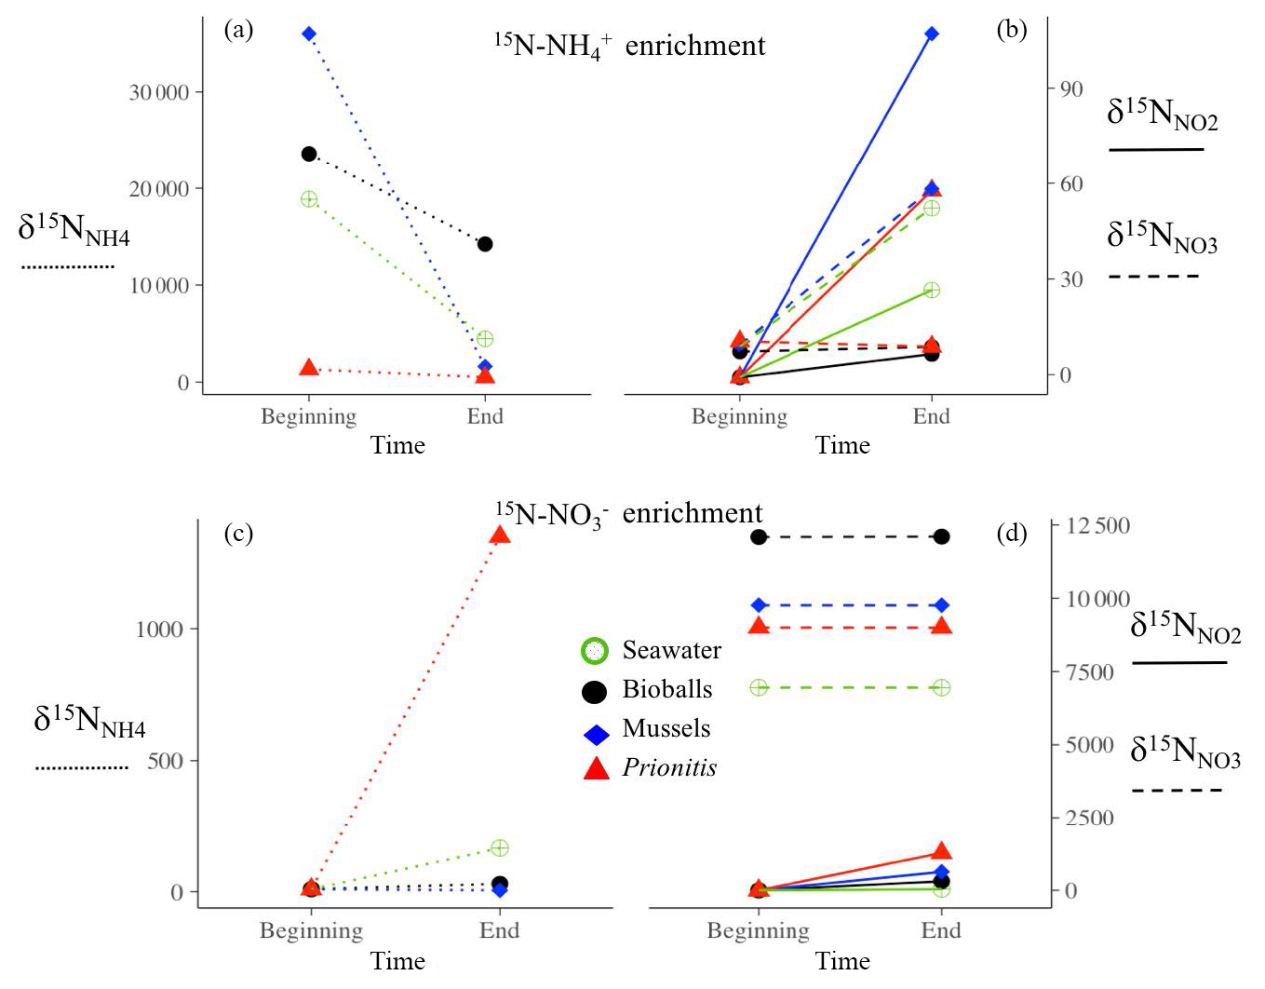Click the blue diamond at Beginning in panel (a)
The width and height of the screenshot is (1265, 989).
309,34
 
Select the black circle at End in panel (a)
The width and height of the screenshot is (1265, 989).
485,244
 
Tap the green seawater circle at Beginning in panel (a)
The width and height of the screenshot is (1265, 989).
309,198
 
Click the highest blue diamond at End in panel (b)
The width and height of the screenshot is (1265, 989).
932,34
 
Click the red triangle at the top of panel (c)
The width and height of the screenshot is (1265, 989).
500,535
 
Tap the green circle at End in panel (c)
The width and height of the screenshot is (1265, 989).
500,847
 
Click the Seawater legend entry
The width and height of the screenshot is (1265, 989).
671,650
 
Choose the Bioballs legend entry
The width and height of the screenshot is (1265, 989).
666,690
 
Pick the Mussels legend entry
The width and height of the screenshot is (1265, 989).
666,728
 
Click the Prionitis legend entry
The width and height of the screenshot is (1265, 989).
669,767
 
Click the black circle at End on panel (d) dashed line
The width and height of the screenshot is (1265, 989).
941,536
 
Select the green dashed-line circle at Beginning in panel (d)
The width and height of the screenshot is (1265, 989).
759,687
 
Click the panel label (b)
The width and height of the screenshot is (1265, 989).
1011,30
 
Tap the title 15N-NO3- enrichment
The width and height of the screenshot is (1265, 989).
628,513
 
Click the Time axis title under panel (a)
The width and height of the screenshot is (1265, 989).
397,445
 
